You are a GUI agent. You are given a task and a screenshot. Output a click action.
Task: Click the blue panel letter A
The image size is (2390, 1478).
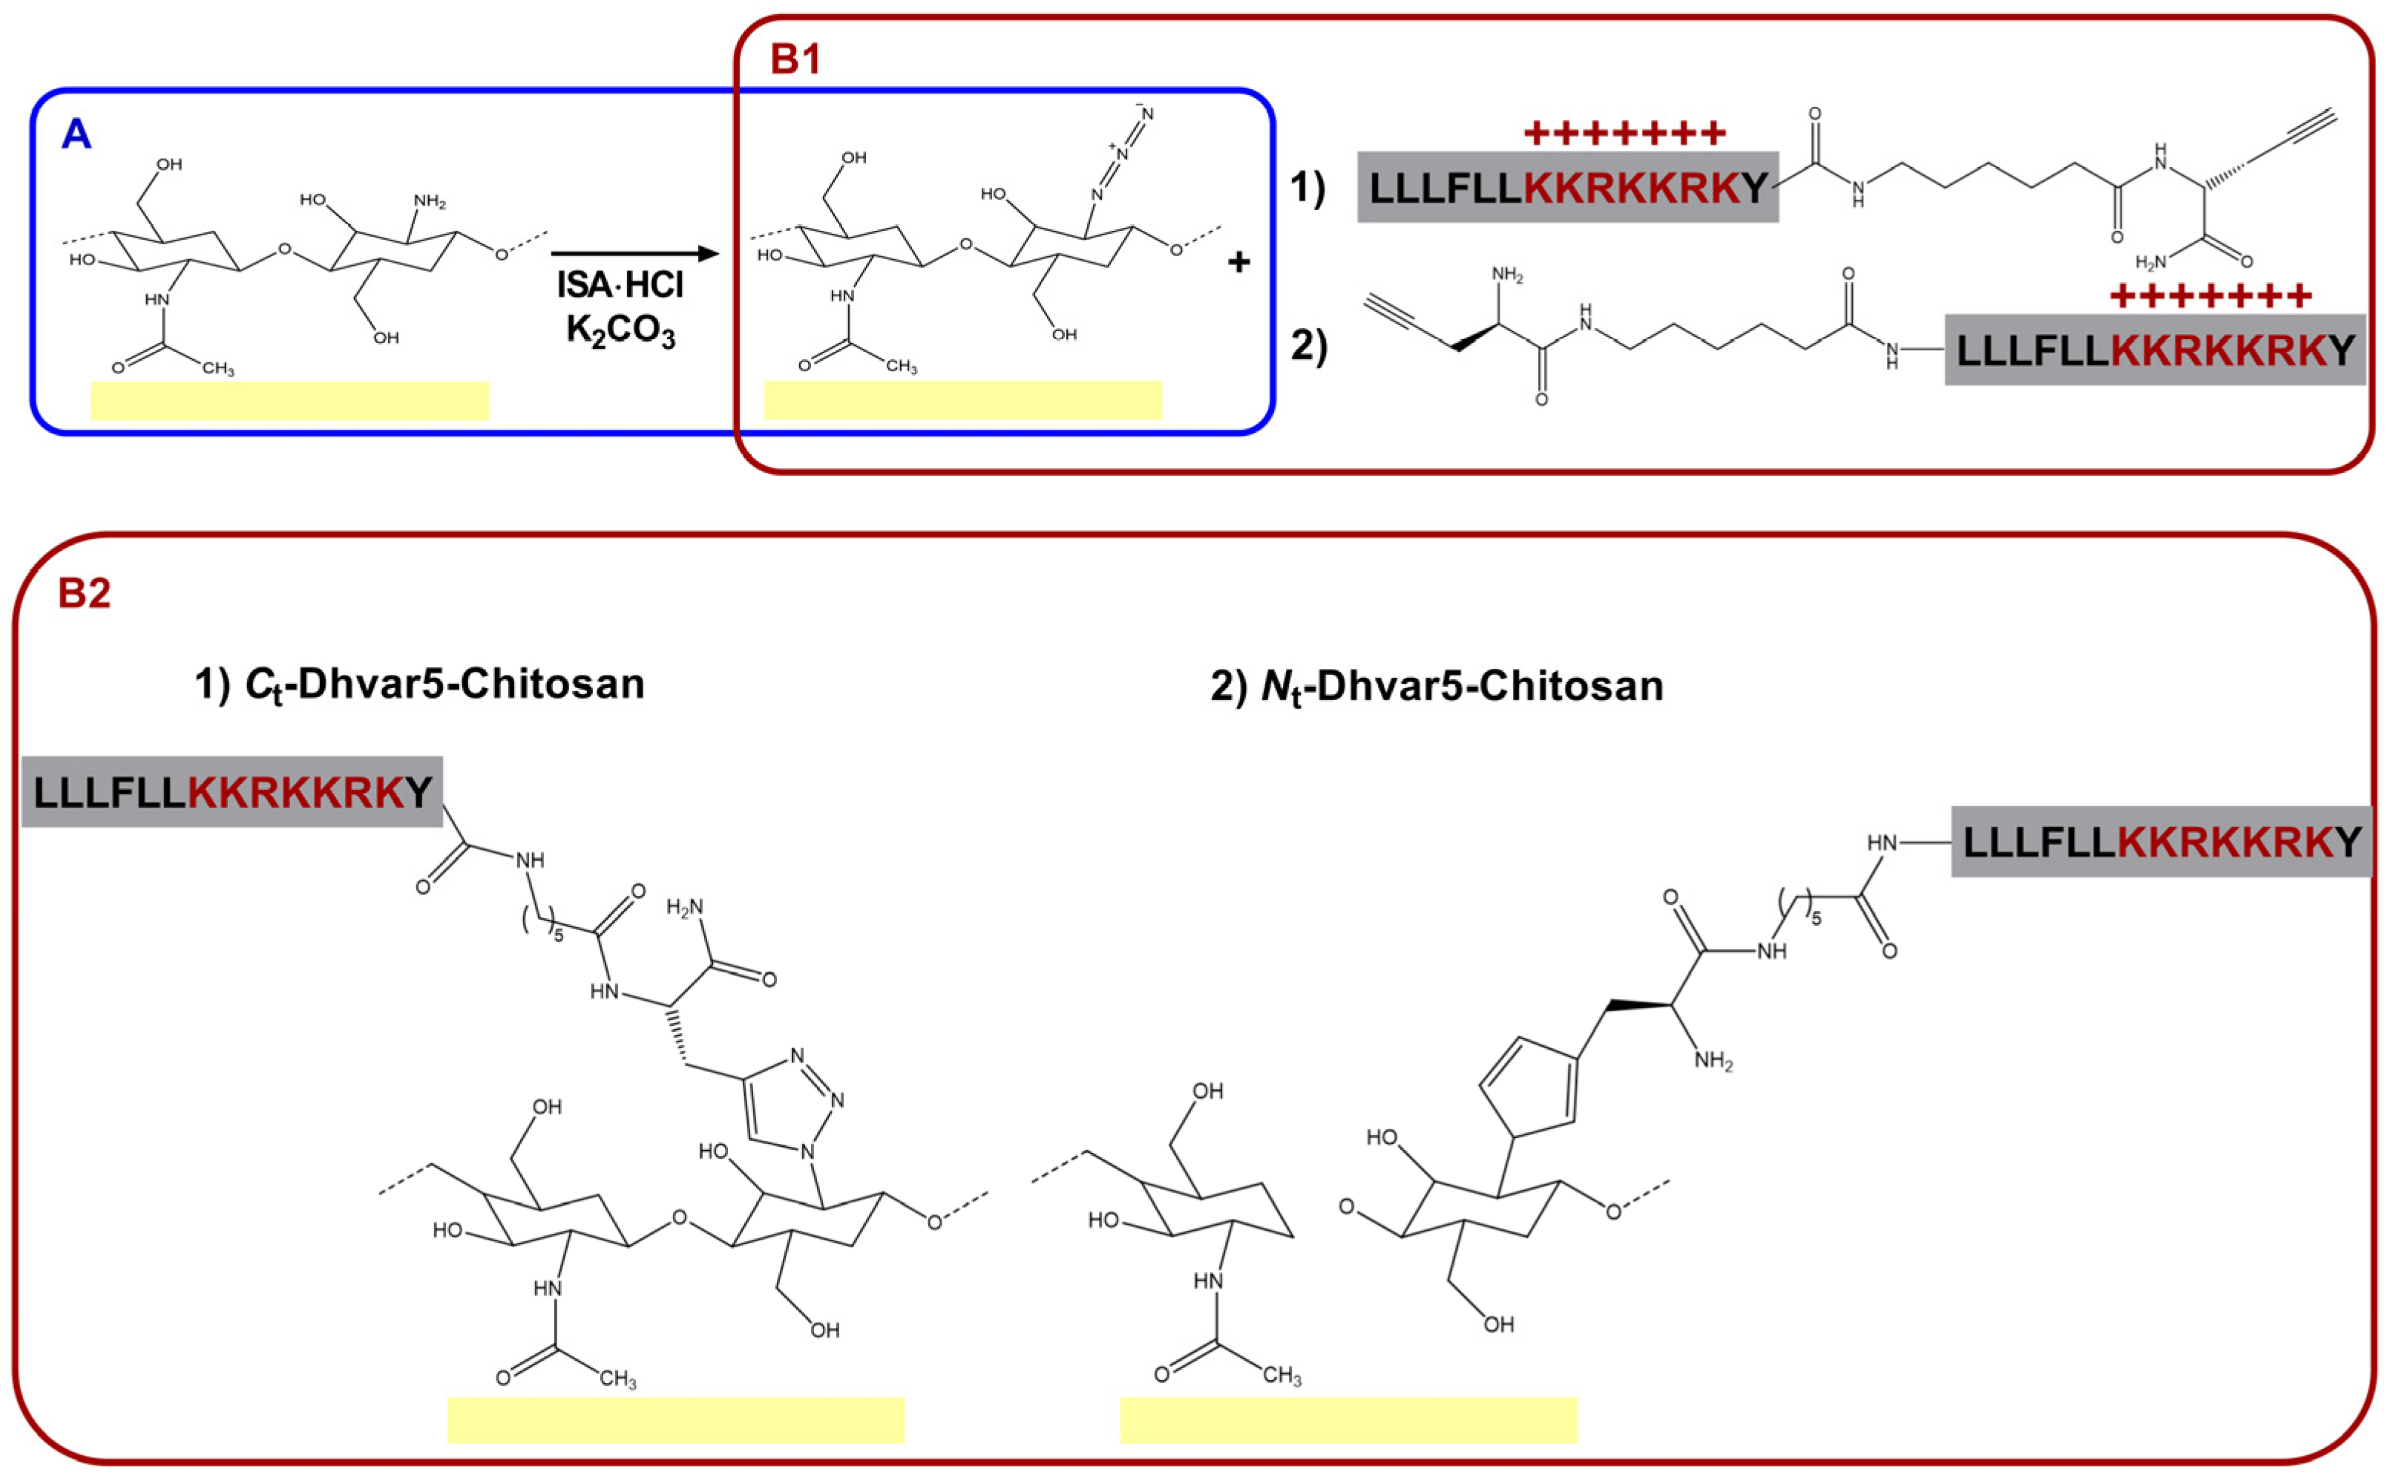click(x=76, y=134)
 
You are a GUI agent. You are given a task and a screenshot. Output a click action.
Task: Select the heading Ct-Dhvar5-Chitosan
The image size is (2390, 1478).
click(x=420, y=685)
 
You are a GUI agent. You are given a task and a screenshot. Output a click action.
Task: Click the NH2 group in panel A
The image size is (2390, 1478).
click(x=429, y=203)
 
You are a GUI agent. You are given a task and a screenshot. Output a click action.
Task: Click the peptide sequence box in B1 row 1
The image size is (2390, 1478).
click(x=1567, y=187)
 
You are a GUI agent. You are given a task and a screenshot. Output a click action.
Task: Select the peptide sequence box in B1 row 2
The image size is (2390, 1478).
click(x=2155, y=350)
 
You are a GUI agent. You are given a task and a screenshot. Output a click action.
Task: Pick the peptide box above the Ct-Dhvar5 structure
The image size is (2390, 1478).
click(x=232, y=792)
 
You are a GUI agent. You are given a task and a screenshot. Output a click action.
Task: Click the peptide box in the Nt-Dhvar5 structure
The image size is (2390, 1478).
click(x=2161, y=842)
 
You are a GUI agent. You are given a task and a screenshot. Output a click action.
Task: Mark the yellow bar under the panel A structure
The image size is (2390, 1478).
click(x=289, y=401)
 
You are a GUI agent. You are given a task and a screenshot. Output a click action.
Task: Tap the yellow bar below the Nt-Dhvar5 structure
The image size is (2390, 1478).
click(x=1348, y=1419)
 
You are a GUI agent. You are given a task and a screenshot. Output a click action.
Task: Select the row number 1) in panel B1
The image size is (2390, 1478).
click(x=1307, y=188)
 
